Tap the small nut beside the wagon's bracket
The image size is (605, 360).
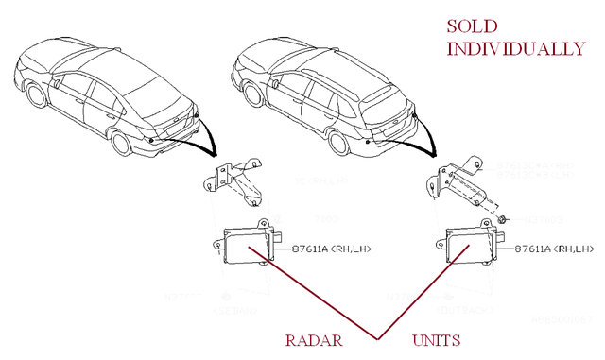(x=504, y=219)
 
